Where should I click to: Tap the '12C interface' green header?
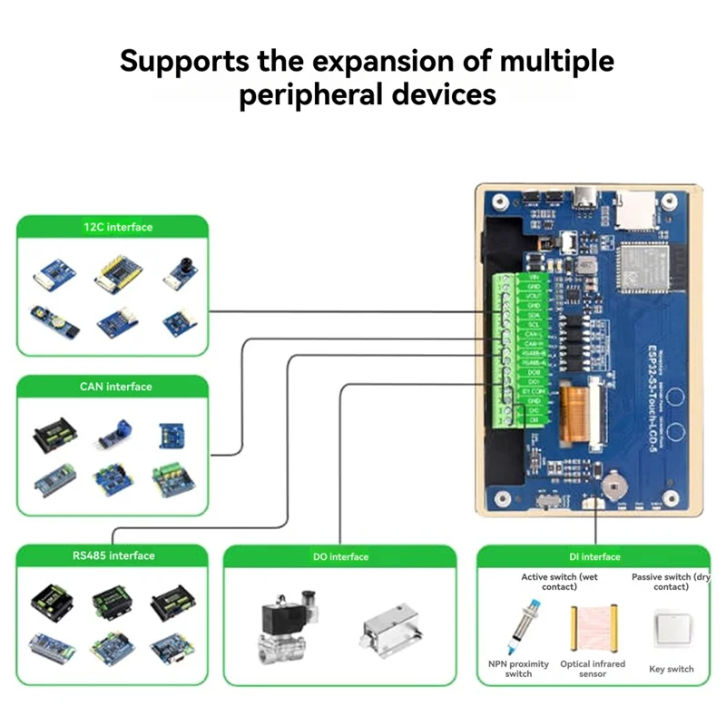113,227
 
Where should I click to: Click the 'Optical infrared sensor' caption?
593,669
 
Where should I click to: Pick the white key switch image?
672,626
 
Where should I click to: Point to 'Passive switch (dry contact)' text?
671,582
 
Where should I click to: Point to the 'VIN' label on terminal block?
534,278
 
